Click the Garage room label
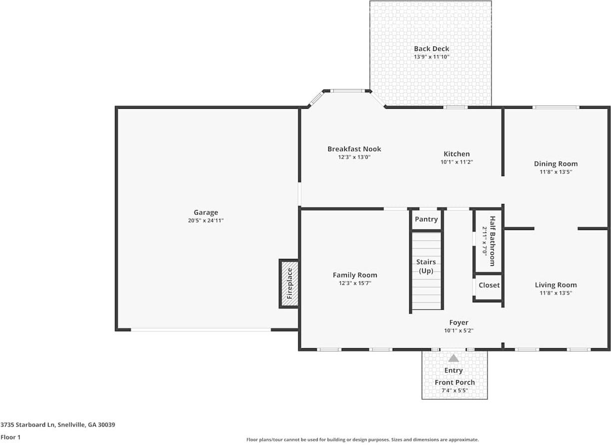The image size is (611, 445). [x=206, y=213]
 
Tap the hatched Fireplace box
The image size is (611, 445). [x=289, y=283]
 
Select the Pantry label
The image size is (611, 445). [x=426, y=219]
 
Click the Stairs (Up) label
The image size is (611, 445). [x=426, y=266]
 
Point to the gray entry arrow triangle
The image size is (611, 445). [x=453, y=358]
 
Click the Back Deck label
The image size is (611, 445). [x=431, y=49]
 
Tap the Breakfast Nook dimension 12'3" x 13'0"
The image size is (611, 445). [x=354, y=157]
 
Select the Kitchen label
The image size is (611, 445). [x=457, y=154]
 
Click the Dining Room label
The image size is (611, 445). [x=556, y=164]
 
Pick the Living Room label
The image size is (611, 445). [x=556, y=285]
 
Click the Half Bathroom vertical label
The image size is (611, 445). [x=492, y=241]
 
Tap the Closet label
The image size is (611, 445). [x=489, y=285]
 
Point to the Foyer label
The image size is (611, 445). [x=459, y=322]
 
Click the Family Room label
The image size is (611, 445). [x=355, y=275]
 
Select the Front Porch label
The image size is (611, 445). [x=455, y=382]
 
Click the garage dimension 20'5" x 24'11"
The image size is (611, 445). [x=206, y=220]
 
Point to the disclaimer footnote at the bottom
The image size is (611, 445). [x=363, y=440]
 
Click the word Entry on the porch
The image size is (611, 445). [x=454, y=370]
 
